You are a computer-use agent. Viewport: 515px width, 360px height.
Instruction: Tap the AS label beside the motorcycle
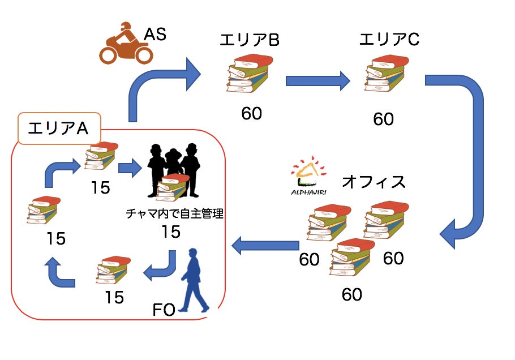pyautogui.click(x=154, y=35)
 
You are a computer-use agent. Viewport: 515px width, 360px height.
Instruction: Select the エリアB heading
pyautogui.click(x=250, y=40)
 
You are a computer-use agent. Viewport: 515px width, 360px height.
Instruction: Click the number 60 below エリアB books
pyautogui.click(x=251, y=113)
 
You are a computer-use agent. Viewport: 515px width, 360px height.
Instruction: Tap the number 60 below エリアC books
pyautogui.click(x=383, y=119)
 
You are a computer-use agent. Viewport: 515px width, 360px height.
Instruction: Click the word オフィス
pyautogui.click(x=374, y=182)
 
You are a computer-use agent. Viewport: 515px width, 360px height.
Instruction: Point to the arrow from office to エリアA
pyautogui.click(x=265, y=245)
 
